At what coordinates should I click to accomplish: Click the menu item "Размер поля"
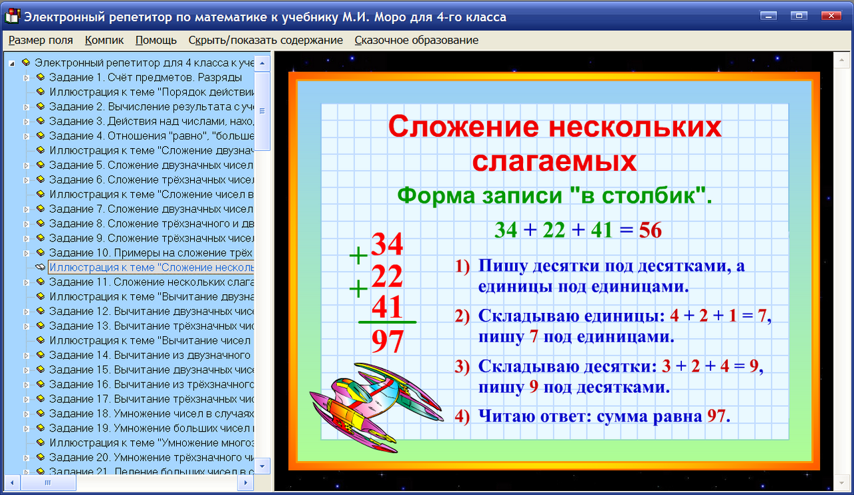click(41, 40)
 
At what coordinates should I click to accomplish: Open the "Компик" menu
click(104, 40)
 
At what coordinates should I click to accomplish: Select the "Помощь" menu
click(156, 40)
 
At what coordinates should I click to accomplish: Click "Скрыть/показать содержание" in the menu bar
click(266, 40)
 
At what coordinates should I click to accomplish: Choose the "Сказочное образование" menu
click(416, 40)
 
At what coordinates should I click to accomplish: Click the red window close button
click(830, 16)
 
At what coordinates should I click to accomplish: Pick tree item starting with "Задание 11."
click(151, 282)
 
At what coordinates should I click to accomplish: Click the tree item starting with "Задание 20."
click(151, 458)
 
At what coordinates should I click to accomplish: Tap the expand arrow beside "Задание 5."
click(27, 165)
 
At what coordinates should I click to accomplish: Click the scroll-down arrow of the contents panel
click(262, 466)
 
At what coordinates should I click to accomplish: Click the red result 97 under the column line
click(388, 342)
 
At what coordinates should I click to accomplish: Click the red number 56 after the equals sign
click(651, 231)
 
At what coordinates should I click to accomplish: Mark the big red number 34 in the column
click(387, 245)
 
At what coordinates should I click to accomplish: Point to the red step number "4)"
click(463, 417)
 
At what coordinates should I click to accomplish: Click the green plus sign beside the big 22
click(359, 289)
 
